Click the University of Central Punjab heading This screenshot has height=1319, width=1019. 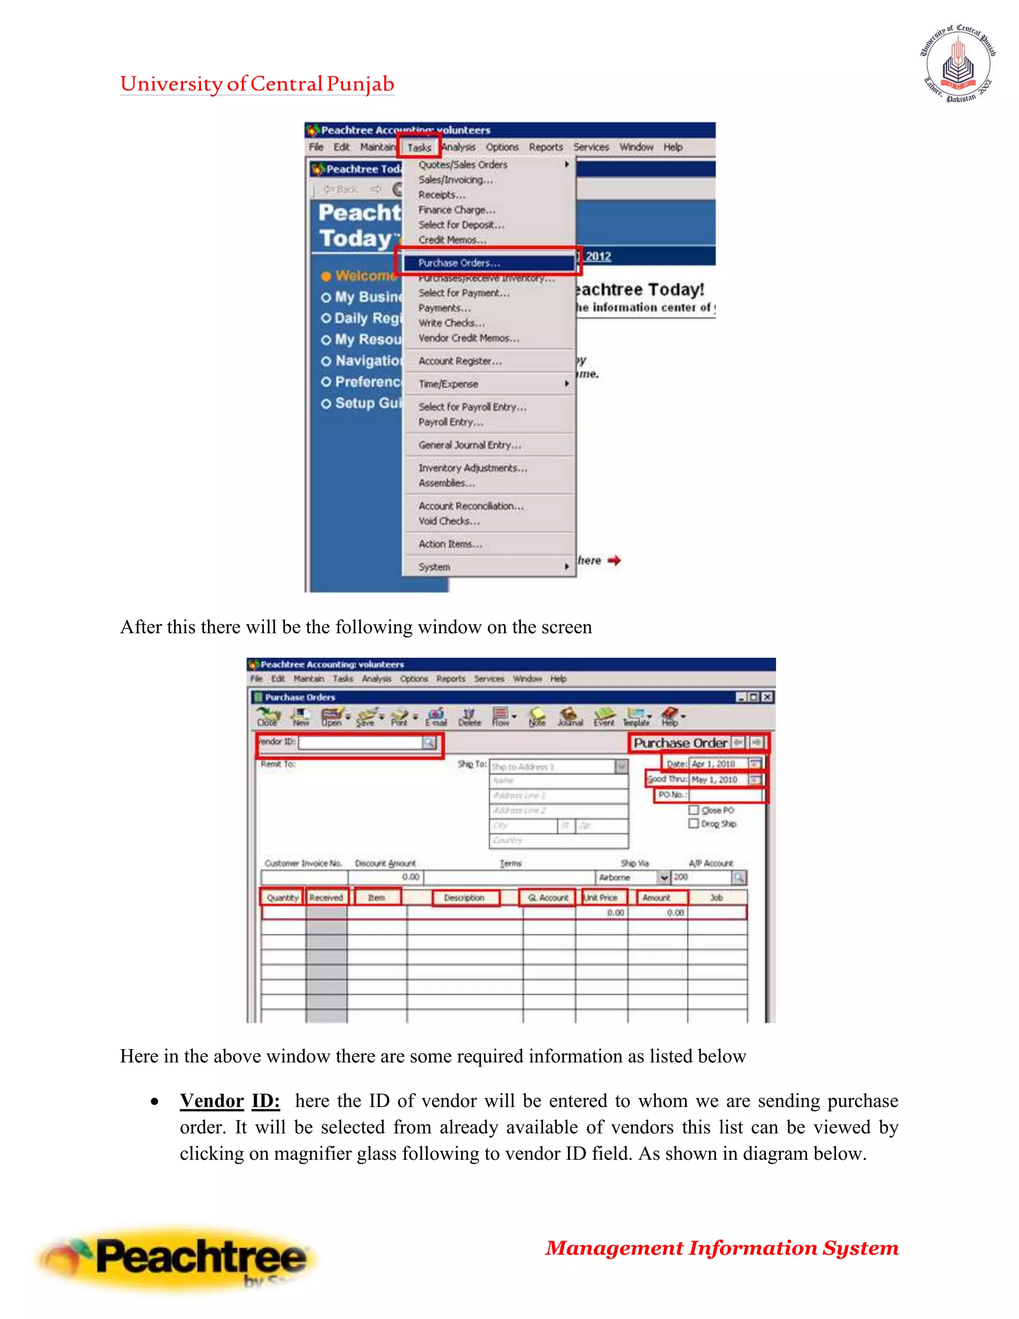pyautogui.click(x=257, y=84)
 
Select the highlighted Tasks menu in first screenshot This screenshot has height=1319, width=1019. pyautogui.click(x=419, y=147)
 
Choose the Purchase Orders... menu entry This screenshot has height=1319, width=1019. pyautogui.click(x=459, y=263)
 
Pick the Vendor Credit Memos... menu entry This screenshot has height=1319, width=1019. pyautogui.click(x=468, y=338)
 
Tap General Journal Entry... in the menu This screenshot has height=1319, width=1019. pyautogui.click(x=470, y=445)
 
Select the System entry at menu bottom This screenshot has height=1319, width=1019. pyautogui.click(x=435, y=567)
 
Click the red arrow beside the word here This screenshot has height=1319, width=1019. pyautogui.click(x=614, y=560)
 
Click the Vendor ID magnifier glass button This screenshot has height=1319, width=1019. pyautogui.click(x=428, y=742)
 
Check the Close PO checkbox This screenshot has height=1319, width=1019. pyautogui.click(x=694, y=810)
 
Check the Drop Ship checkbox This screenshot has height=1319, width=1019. pyautogui.click(x=694, y=824)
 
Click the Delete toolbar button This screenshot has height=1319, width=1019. pyautogui.click(x=469, y=717)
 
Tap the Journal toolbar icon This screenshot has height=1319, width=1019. pyautogui.click(x=569, y=717)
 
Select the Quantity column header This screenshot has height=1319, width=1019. pyautogui.click(x=283, y=897)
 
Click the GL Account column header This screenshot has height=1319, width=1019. pyautogui.click(x=547, y=897)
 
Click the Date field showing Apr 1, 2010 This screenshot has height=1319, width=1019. pyautogui.click(x=718, y=764)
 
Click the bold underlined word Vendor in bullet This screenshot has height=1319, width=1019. pyautogui.click(x=212, y=1101)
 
